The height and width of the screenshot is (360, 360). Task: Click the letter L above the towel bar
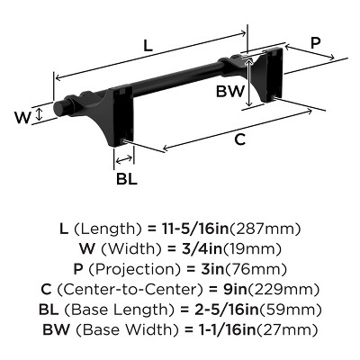[146, 42]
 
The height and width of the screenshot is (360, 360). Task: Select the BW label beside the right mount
[229, 90]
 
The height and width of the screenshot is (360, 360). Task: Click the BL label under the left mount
[126, 178]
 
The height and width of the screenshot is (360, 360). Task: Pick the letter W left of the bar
[26, 115]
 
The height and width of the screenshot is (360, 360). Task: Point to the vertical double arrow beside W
[41, 115]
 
